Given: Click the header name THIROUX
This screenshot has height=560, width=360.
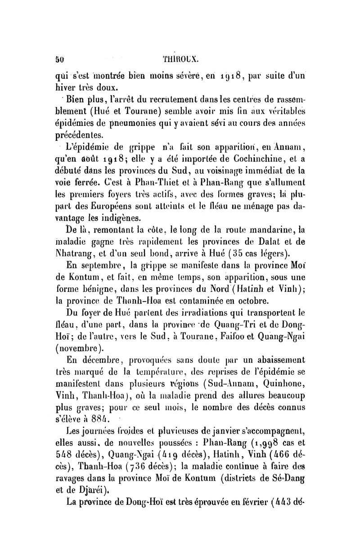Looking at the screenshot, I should click(x=185, y=58).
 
